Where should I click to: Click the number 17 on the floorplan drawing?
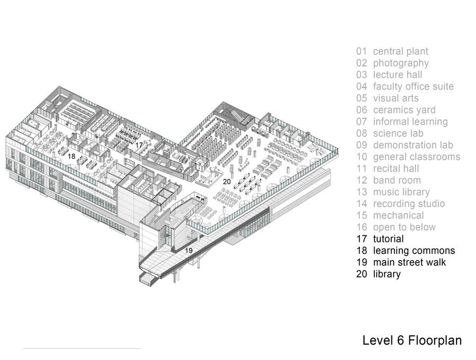139,145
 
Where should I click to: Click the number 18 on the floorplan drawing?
71,156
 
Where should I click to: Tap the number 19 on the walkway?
189,251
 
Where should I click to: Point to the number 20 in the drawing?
227,181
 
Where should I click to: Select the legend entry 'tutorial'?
388,239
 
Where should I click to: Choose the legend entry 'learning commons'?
414,251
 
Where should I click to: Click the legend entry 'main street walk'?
409,262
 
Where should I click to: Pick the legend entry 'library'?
387,274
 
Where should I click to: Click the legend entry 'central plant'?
400,52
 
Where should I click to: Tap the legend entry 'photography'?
401,63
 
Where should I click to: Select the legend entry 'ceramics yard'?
404,110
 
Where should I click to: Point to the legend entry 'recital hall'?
396,169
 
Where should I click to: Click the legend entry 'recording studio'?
409,204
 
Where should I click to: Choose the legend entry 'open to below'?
405,227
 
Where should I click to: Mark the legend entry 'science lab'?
398,133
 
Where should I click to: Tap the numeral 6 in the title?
400,340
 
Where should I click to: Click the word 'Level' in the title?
378,340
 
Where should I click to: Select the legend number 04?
362,87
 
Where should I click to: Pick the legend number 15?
362,216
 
